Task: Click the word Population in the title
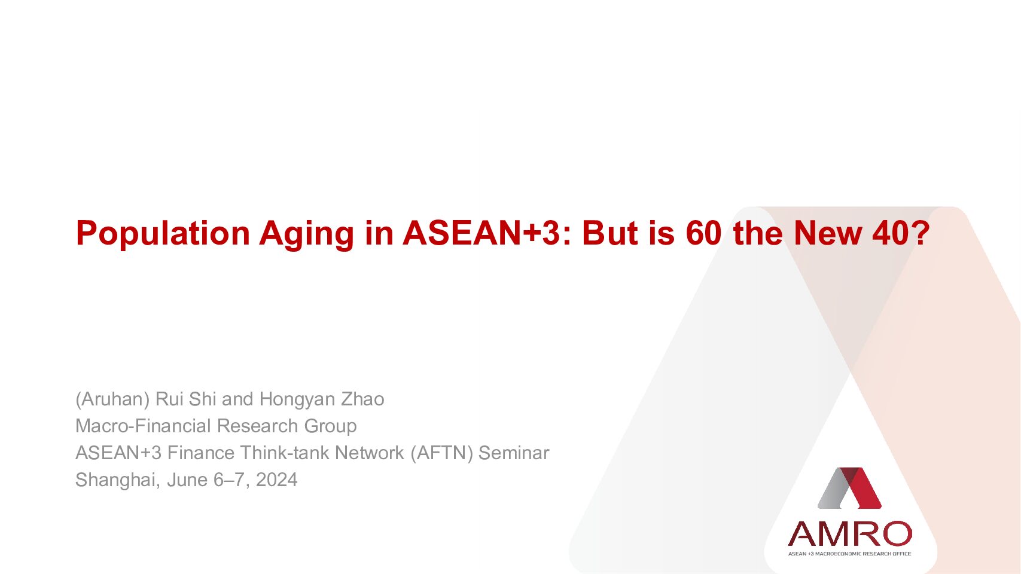[163, 234]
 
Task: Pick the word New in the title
[828, 233]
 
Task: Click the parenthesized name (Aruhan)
[112, 399]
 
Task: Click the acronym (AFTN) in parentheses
[441, 453]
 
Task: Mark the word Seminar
[514, 453]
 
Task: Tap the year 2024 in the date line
[277, 480]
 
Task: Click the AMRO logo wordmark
[850, 534]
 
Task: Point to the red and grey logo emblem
[849, 488]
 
